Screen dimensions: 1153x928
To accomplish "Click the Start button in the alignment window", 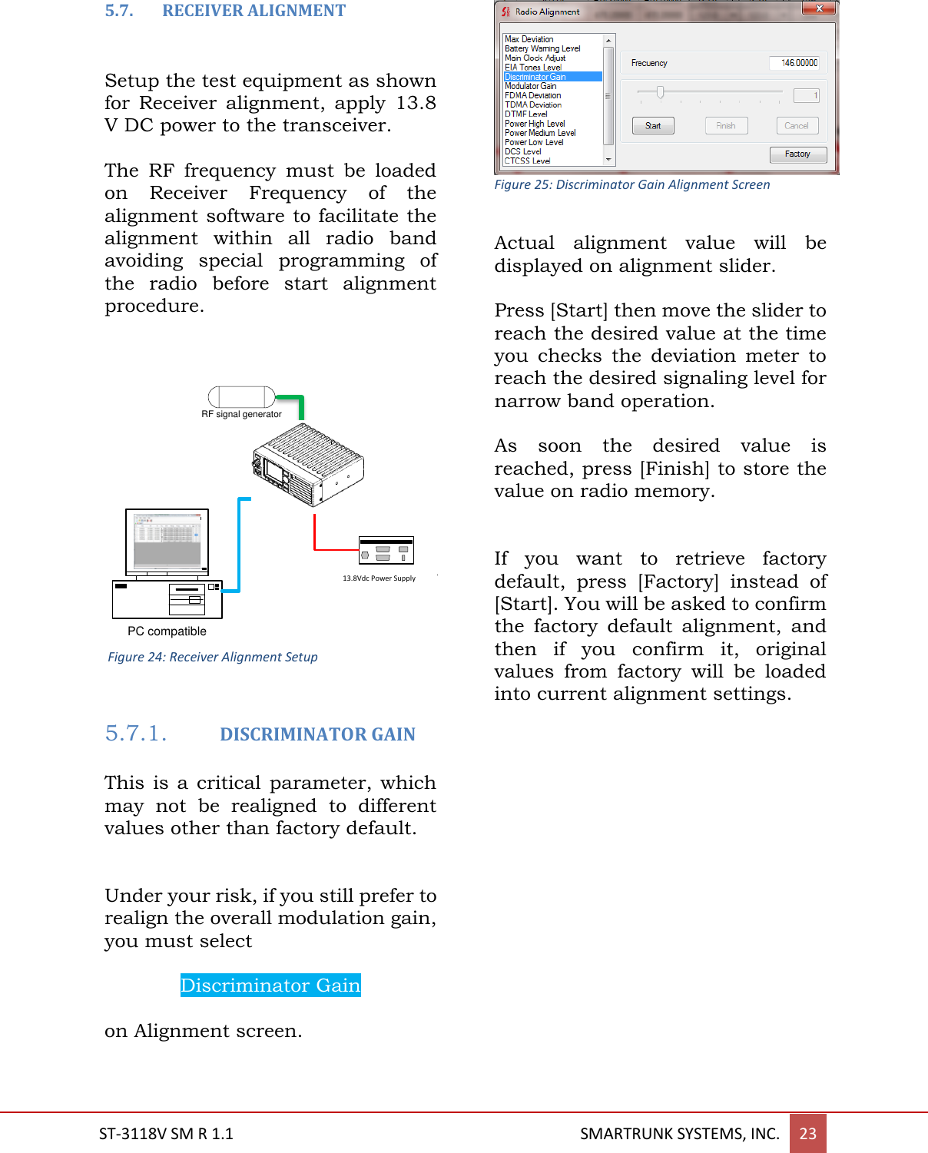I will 653,125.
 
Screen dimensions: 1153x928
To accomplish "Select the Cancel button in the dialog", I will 797,125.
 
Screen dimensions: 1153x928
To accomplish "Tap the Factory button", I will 797,154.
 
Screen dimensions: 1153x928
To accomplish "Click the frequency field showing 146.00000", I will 794,63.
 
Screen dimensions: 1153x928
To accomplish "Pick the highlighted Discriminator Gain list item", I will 552,77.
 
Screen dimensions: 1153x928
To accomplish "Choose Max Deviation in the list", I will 529,39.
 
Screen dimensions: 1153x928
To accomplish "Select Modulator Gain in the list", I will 531,86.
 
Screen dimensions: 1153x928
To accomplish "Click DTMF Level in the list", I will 526,114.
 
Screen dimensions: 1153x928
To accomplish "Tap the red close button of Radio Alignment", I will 820,9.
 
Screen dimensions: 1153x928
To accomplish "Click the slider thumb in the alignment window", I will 660,93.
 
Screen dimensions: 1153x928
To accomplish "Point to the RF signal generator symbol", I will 241,397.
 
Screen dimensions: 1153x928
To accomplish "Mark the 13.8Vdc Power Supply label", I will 379,578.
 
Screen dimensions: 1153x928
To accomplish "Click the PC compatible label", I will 167,631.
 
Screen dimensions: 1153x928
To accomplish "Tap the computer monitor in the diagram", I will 167,541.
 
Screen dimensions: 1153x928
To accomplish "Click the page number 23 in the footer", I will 807,1133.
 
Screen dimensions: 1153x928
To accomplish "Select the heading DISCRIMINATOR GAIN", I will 317,734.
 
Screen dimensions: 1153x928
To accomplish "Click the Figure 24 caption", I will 213,657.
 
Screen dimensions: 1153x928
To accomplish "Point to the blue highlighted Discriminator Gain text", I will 270,985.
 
